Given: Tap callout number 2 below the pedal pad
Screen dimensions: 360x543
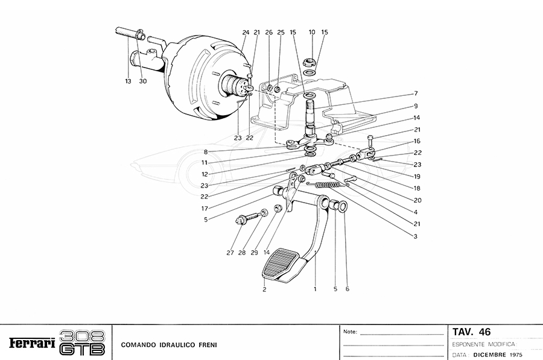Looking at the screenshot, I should [264, 289].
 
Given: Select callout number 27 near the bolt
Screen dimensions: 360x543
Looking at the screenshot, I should [230, 253].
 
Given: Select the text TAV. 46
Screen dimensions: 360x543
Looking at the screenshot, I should [471, 332].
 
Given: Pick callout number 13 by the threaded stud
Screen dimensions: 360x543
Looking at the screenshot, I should [128, 80].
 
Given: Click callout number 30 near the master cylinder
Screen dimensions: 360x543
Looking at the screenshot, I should [142, 80].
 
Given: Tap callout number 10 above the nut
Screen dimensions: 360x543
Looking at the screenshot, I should [312, 32].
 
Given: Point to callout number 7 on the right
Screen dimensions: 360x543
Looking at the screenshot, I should [416, 93].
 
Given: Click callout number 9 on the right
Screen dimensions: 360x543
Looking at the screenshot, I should [416, 106].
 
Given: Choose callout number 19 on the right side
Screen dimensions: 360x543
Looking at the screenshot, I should [416, 177].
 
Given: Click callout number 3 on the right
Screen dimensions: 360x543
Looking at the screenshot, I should [416, 236].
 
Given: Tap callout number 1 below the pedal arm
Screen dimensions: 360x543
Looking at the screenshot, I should [315, 289].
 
